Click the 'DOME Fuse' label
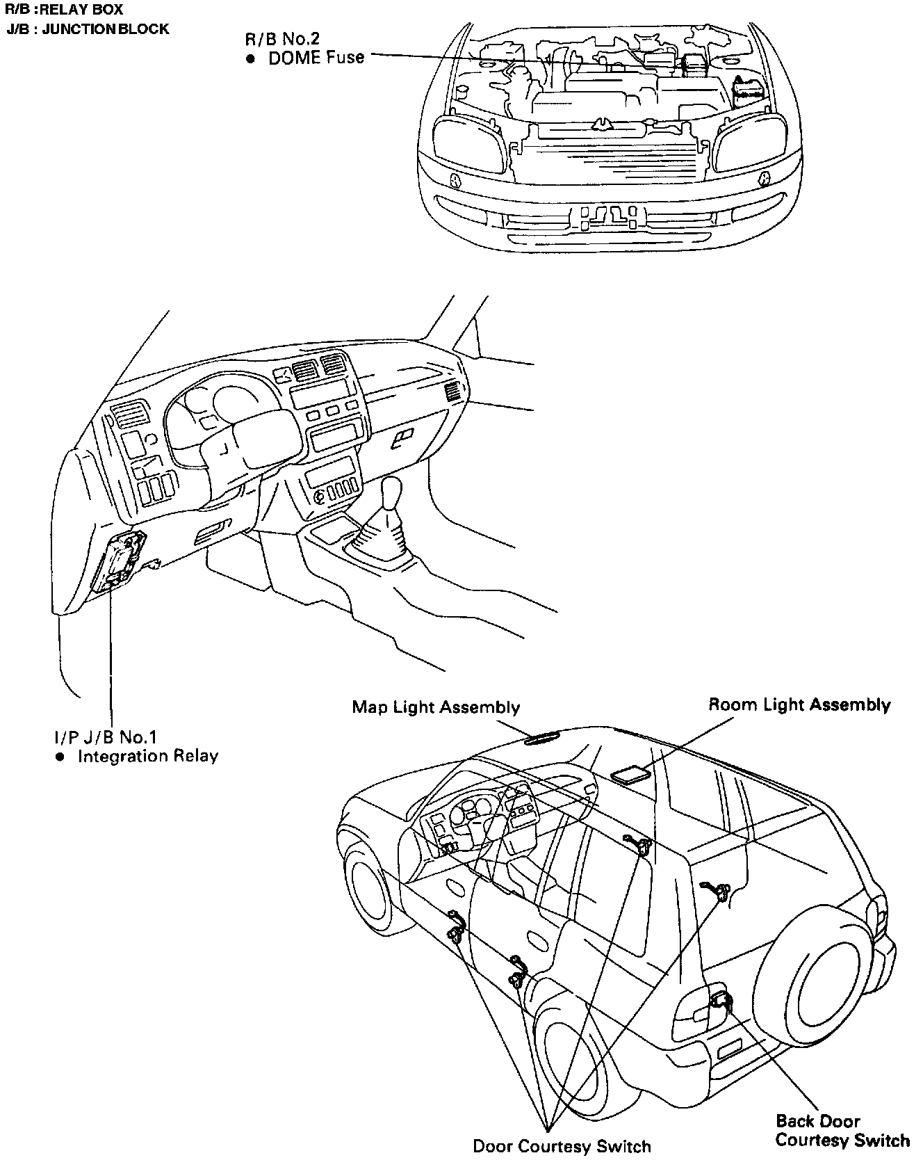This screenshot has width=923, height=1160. tap(316, 58)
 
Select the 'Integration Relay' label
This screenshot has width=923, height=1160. tap(147, 756)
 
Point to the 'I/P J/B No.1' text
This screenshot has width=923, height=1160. tap(106, 736)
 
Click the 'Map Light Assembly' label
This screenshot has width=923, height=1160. tap(436, 707)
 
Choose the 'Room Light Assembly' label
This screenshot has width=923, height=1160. tap(799, 704)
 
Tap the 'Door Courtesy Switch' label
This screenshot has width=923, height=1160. tap(562, 1146)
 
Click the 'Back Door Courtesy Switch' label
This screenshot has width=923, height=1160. tap(842, 1131)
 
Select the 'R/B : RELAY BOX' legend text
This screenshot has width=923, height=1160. tap(64, 10)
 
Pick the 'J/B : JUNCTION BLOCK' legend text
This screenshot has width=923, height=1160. tap(88, 29)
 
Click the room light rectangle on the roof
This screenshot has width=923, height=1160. tap(630, 775)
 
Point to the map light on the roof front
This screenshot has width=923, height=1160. tap(546, 739)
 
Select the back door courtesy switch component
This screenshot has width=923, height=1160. tap(720, 1001)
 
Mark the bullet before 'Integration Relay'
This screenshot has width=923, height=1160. tap(60, 757)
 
